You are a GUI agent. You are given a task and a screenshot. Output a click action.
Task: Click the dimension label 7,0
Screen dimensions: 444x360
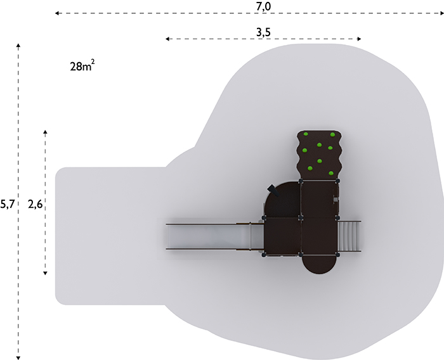[x=263, y=6]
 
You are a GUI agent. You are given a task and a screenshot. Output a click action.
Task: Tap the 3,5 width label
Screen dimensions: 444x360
[x=263, y=32]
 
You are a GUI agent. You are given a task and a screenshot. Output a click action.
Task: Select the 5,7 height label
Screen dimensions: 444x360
[x=7, y=204]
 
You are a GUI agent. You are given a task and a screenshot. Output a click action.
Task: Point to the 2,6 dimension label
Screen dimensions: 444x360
[x=35, y=204]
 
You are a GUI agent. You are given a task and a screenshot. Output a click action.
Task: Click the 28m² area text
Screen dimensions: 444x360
[x=82, y=66]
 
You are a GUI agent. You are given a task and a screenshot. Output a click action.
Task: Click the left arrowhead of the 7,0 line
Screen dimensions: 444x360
[x=57, y=13]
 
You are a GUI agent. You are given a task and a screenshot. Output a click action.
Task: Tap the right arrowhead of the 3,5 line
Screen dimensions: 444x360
[x=359, y=39]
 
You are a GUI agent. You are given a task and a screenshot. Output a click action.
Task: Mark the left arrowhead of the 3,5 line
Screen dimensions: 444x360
[x=167, y=39]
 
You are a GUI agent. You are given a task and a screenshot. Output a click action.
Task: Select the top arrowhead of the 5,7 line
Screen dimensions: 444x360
[x=18, y=46]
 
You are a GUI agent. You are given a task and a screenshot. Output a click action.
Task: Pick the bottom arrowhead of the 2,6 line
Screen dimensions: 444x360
[x=45, y=273]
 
